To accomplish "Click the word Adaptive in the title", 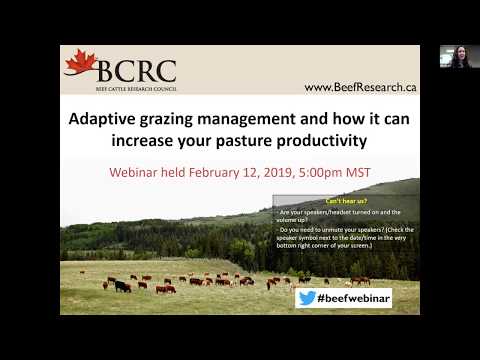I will tap(104, 118).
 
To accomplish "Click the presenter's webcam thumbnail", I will tap(458, 56).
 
